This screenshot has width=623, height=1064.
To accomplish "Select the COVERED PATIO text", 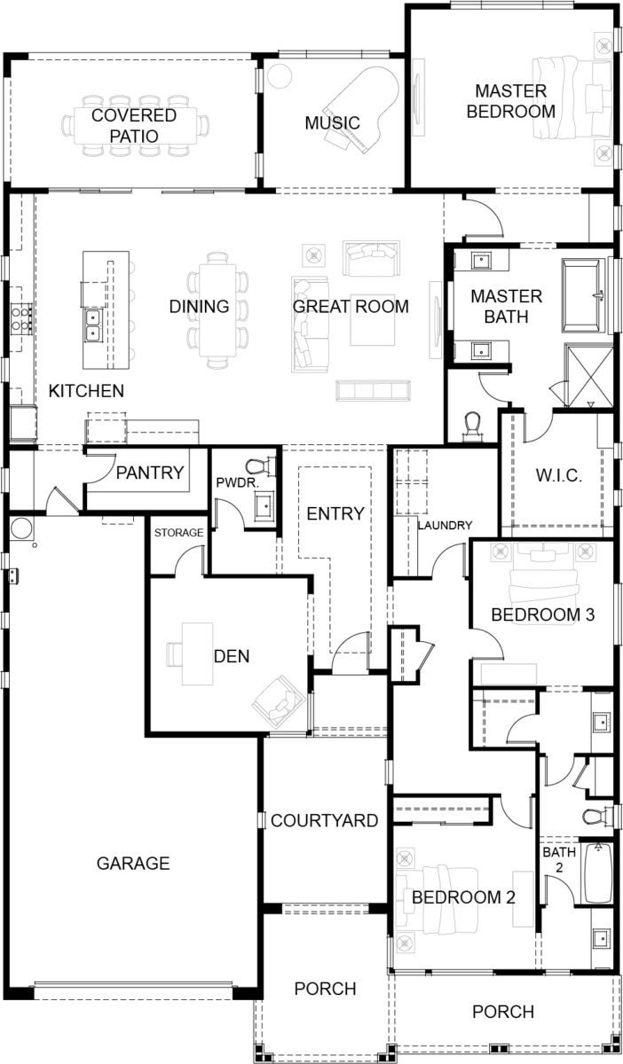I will coord(134,125).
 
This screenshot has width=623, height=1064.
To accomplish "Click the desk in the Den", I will coord(197,653).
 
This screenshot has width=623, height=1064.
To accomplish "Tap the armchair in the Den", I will coord(278,698).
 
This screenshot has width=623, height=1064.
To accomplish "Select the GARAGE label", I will coord(133,863).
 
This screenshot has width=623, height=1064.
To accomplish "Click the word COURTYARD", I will coord(325,820).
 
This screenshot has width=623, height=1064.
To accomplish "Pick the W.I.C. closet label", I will coord(559,476).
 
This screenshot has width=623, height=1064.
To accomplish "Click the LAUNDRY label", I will coord(445,525).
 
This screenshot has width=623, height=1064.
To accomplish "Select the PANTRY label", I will coord(150,473).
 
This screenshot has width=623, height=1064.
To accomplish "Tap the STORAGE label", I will coord(179,533).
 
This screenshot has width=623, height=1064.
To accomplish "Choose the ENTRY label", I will coord(335,513).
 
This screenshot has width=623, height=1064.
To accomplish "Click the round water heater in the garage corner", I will coord(20,529).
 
